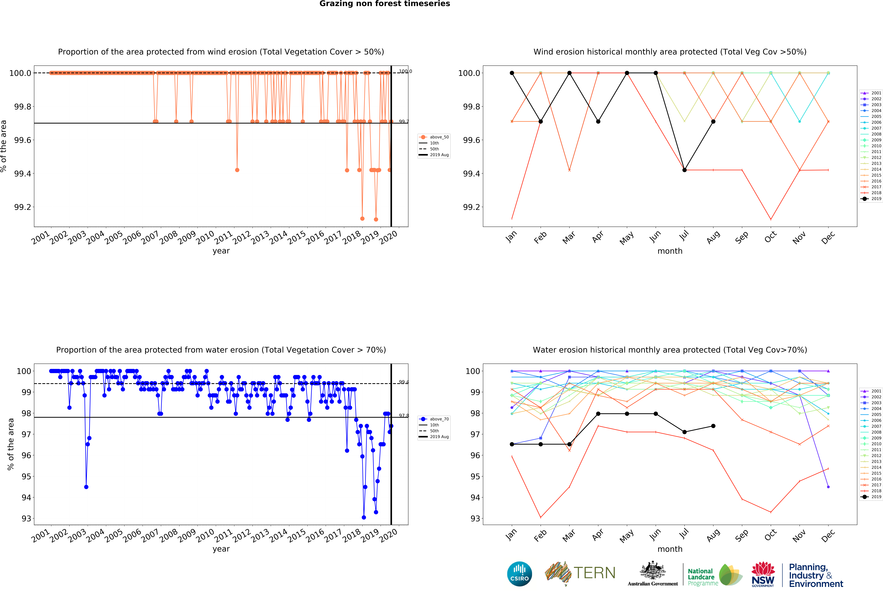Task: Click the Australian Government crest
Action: pyautogui.click(x=652, y=570)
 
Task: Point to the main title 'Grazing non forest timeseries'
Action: pyautogui.click(x=384, y=4)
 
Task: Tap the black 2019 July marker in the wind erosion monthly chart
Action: pyautogui.click(x=684, y=170)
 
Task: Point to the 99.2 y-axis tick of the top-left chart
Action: pyautogui.click(x=23, y=207)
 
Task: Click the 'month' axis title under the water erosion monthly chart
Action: pyautogui.click(x=670, y=549)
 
